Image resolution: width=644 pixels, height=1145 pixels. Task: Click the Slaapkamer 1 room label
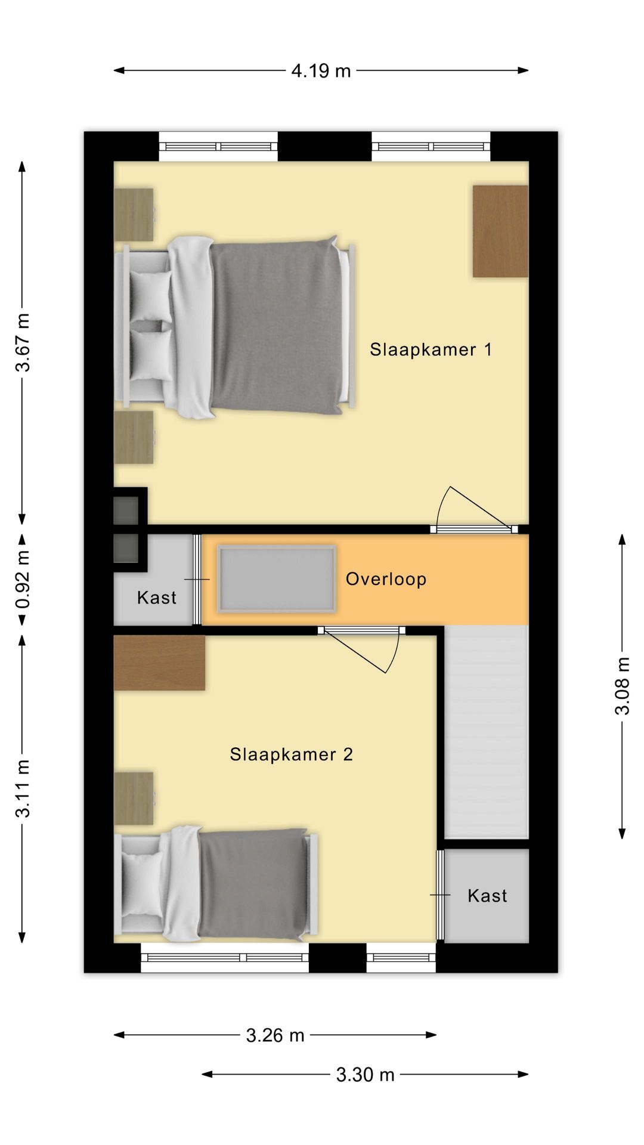[431, 349]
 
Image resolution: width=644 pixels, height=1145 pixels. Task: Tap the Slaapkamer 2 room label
[292, 754]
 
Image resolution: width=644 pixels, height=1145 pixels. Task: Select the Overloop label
[386, 579]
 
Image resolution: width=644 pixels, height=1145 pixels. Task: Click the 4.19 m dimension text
[321, 71]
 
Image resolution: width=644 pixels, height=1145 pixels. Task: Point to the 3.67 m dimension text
[23, 342]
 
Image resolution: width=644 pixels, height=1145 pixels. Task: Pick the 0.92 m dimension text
[23, 579]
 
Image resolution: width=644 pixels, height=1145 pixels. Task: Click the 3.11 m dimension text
[23, 788]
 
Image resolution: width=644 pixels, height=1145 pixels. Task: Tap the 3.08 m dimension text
[623, 686]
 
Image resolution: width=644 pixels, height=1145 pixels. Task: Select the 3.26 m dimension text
[275, 1035]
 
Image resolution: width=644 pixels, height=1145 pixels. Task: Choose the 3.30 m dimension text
[365, 1075]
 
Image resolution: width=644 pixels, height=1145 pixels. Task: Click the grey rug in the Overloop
[276, 578]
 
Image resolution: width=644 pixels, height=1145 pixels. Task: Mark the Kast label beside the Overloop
[157, 598]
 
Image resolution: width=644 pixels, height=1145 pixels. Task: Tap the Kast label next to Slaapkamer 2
[487, 896]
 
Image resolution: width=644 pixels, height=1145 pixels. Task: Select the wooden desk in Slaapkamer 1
[500, 231]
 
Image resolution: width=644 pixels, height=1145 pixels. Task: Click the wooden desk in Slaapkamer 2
[159, 663]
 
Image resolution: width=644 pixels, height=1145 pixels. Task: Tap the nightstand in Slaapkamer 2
[134, 799]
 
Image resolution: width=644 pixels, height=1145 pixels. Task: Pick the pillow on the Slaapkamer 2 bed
[143, 884]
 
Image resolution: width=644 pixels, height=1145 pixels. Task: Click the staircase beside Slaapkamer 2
[487, 732]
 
